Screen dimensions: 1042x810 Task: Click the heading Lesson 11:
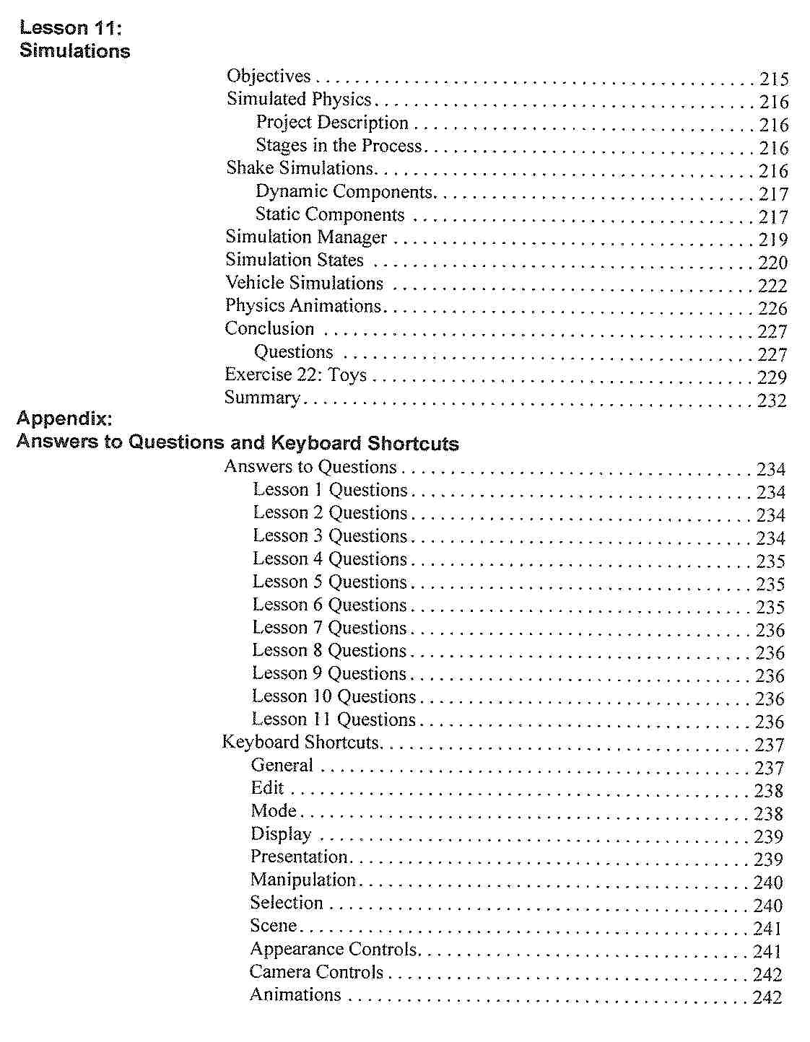tap(71, 28)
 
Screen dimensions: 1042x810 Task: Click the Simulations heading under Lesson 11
tap(75, 51)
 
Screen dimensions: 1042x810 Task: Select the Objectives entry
tap(269, 76)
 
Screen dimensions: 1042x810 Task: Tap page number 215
tap(774, 79)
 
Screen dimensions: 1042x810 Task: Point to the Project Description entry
tap(332, 123)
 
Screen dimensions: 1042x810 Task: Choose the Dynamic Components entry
tap(344, 192)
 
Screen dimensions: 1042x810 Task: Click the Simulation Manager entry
tap(306, 237)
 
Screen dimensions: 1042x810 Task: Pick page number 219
tap(773, 240)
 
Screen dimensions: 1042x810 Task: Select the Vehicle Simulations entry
tap(304, 283)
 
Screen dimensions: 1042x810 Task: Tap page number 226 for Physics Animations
tap(772, 309)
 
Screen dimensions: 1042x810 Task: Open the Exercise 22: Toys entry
tap(295, 375)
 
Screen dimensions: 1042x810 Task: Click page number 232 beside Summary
tap(772, 400)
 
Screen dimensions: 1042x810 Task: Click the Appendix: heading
tap(64, 419)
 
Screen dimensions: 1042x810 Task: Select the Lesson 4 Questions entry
tap(330, 559)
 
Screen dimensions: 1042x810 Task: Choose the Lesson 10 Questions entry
tap(334, 697)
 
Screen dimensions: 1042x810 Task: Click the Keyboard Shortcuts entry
tap(300, 743)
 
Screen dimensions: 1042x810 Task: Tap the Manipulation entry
tap(302, 880)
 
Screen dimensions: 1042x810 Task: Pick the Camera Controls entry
tap(316, 973)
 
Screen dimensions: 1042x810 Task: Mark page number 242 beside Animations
tap(767, 998)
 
